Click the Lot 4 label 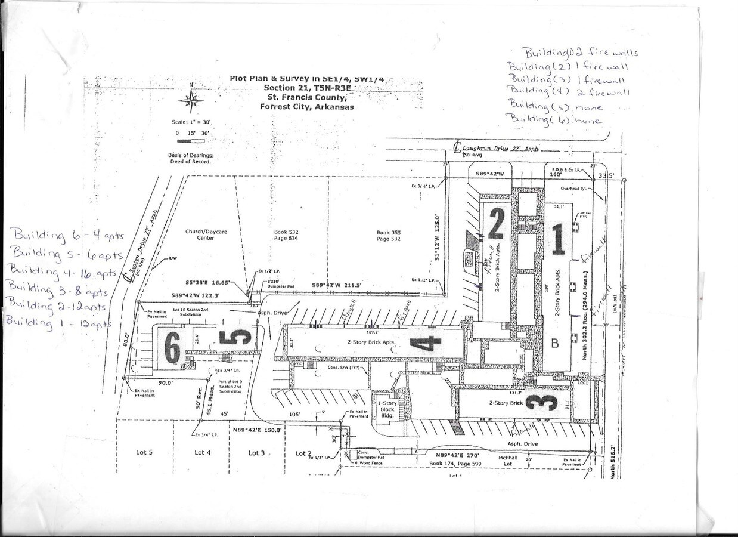point(203,453)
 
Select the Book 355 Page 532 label point(387,235)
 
